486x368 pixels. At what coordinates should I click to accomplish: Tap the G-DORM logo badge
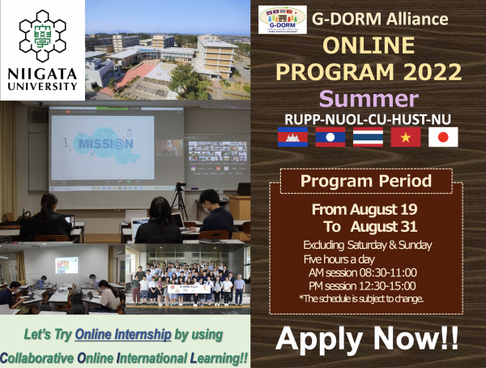click(282, 19)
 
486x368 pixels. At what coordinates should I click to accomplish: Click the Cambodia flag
click(292, 138)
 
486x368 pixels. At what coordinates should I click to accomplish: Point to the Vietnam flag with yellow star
click(405, 138)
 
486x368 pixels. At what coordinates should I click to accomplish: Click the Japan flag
click(443, 138)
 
